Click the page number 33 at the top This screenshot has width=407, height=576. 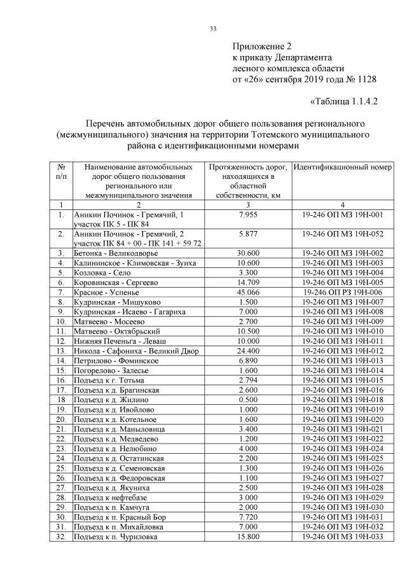point(213,28)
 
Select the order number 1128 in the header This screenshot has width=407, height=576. point(364,80)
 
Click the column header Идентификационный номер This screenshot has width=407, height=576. point(342,167)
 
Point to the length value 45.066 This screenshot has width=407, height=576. point(247,292)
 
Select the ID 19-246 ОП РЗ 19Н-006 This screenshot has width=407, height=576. point(342,292)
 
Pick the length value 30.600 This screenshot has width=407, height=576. point(247,253)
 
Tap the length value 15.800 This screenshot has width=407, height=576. point(247,537)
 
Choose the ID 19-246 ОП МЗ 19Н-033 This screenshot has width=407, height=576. point(342,537)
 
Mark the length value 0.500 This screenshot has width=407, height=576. point(247,399)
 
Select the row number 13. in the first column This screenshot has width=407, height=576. point(61,350)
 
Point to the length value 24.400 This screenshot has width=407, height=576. point(247,350)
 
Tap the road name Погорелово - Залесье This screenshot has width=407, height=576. point(111,370)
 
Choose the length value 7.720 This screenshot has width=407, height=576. point(247,517)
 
